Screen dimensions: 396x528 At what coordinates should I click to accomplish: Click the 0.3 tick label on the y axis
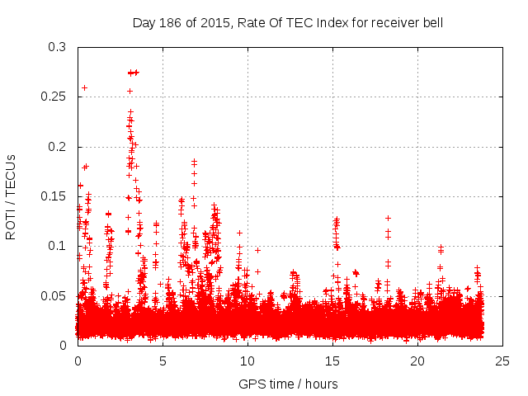[56, 48]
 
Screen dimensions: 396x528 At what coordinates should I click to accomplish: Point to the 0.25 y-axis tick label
[54, 97]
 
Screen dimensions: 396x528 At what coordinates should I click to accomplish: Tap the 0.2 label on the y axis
[56, 147]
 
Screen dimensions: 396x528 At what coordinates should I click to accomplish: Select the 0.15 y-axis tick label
[54, 196]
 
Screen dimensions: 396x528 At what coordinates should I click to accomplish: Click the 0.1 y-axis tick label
[56, 246]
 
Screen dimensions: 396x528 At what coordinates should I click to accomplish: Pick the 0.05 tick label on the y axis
[54, 295]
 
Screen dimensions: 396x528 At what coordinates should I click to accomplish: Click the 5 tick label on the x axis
[163, 361]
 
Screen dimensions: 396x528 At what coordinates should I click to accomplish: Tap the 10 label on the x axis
[247, 361]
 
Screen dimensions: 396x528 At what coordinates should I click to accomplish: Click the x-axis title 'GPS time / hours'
[288, 384]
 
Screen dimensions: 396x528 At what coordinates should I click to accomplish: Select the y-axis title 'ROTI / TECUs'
[12, 196]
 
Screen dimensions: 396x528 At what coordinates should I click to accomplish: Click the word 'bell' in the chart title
[431, 22]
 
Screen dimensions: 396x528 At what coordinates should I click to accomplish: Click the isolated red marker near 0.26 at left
[84, 87]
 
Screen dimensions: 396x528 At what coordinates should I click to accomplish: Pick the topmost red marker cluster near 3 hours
[132, 73]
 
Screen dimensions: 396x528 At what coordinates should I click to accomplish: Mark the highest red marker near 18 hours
[388, 218]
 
